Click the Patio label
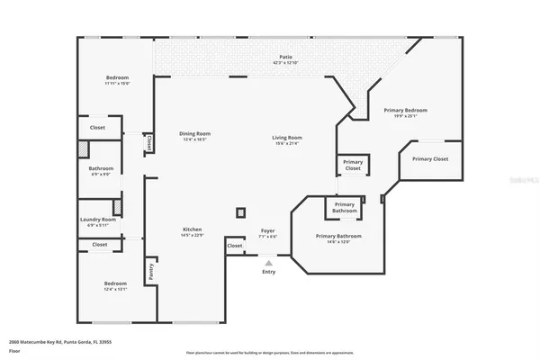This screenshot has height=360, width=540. (x=284, y=57)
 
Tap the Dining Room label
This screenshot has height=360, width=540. (x=194, y=134)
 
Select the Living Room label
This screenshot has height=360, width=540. (x=286, y=137)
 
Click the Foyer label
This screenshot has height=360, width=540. (x=267, y=230)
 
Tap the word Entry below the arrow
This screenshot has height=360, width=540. (x=268, y=272)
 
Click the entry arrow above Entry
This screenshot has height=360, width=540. (x=268, y=261)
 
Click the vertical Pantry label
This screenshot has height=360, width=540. (x=151, y=270)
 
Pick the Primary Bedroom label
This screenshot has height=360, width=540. (x=405, y=110)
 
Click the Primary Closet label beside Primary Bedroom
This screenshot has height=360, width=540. (x=430, y=159)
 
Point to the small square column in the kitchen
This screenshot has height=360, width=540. (x=240, y=213)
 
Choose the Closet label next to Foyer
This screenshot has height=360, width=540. (x=234, y=245)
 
